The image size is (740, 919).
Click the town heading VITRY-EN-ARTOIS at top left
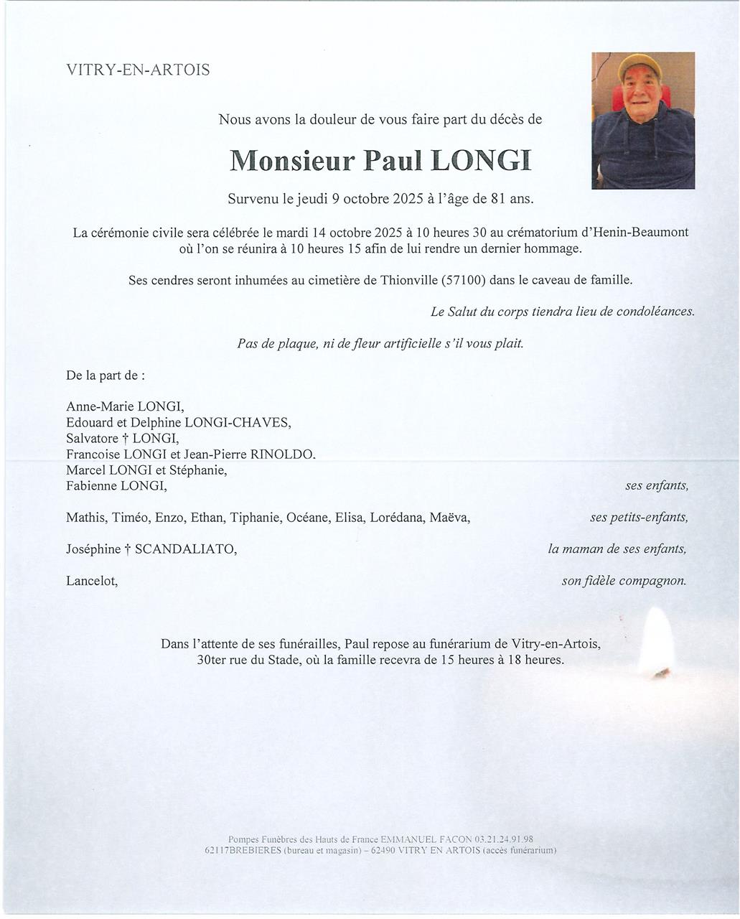coord(138,70)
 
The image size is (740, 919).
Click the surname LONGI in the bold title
coord(481,161)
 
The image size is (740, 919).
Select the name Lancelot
coord(92,581)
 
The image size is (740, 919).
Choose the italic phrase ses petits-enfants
coord(639,518)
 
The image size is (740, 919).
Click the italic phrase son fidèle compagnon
coord(624,581)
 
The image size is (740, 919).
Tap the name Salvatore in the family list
coord(92,439)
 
